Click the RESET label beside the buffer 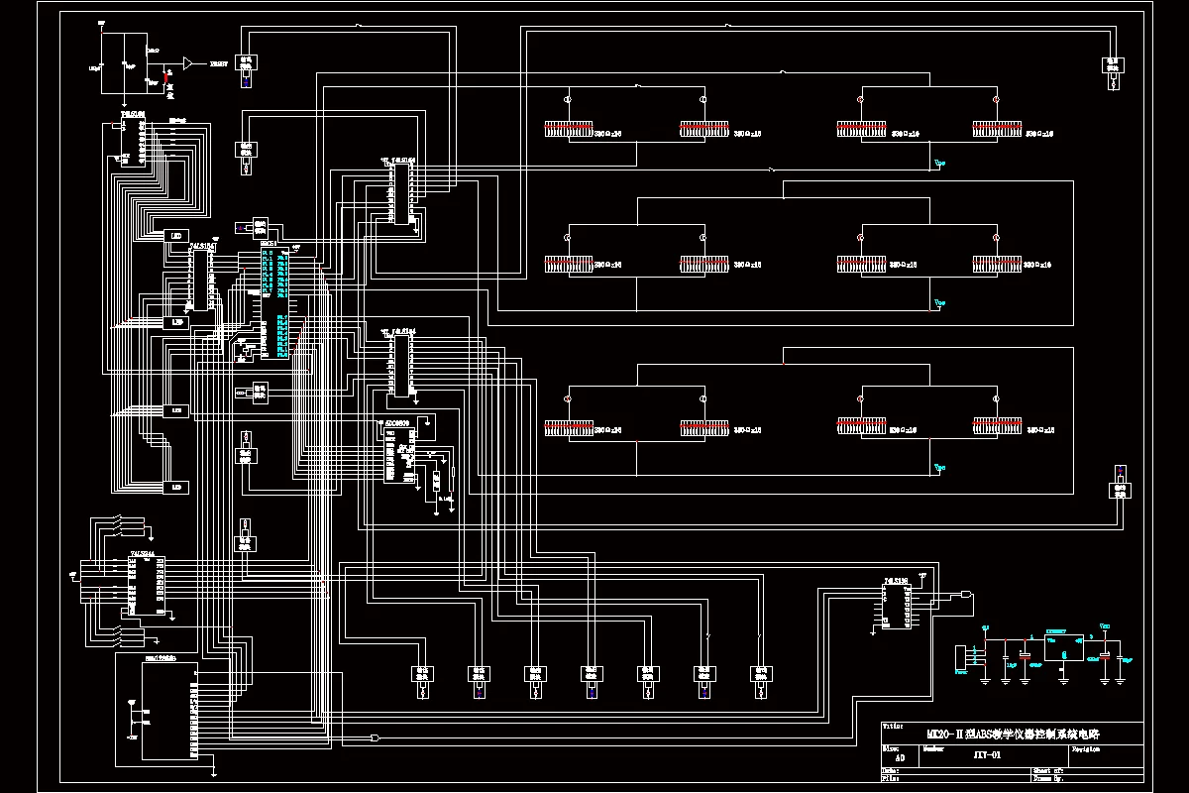tap(217, 63)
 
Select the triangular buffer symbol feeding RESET tap(189, 62)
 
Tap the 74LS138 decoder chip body tap(896, 607)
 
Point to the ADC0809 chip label tap(396, 422)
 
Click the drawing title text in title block tap(1012, 735)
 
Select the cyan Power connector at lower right tap(961, 657)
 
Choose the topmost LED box tap(177, 235)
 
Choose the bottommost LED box tap(177, 487)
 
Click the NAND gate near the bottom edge tap(375, 738)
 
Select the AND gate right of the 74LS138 tap(965, 595)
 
